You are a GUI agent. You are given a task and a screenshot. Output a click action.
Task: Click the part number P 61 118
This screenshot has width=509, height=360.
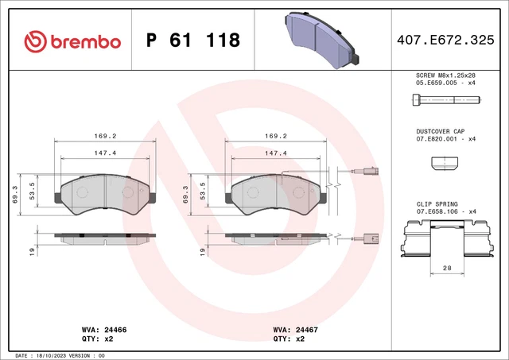193,41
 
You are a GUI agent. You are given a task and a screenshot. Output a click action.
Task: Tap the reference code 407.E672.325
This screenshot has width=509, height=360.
449,41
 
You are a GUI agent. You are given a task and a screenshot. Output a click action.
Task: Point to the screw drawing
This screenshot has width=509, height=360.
445,100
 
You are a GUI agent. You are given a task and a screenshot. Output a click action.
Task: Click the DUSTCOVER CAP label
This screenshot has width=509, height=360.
440,131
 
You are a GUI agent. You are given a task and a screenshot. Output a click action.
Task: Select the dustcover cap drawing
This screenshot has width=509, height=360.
445,163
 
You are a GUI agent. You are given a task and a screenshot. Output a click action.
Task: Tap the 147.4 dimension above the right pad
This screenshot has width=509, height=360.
276,153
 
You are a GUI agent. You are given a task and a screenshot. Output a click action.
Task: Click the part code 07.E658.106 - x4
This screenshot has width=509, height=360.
445,212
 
